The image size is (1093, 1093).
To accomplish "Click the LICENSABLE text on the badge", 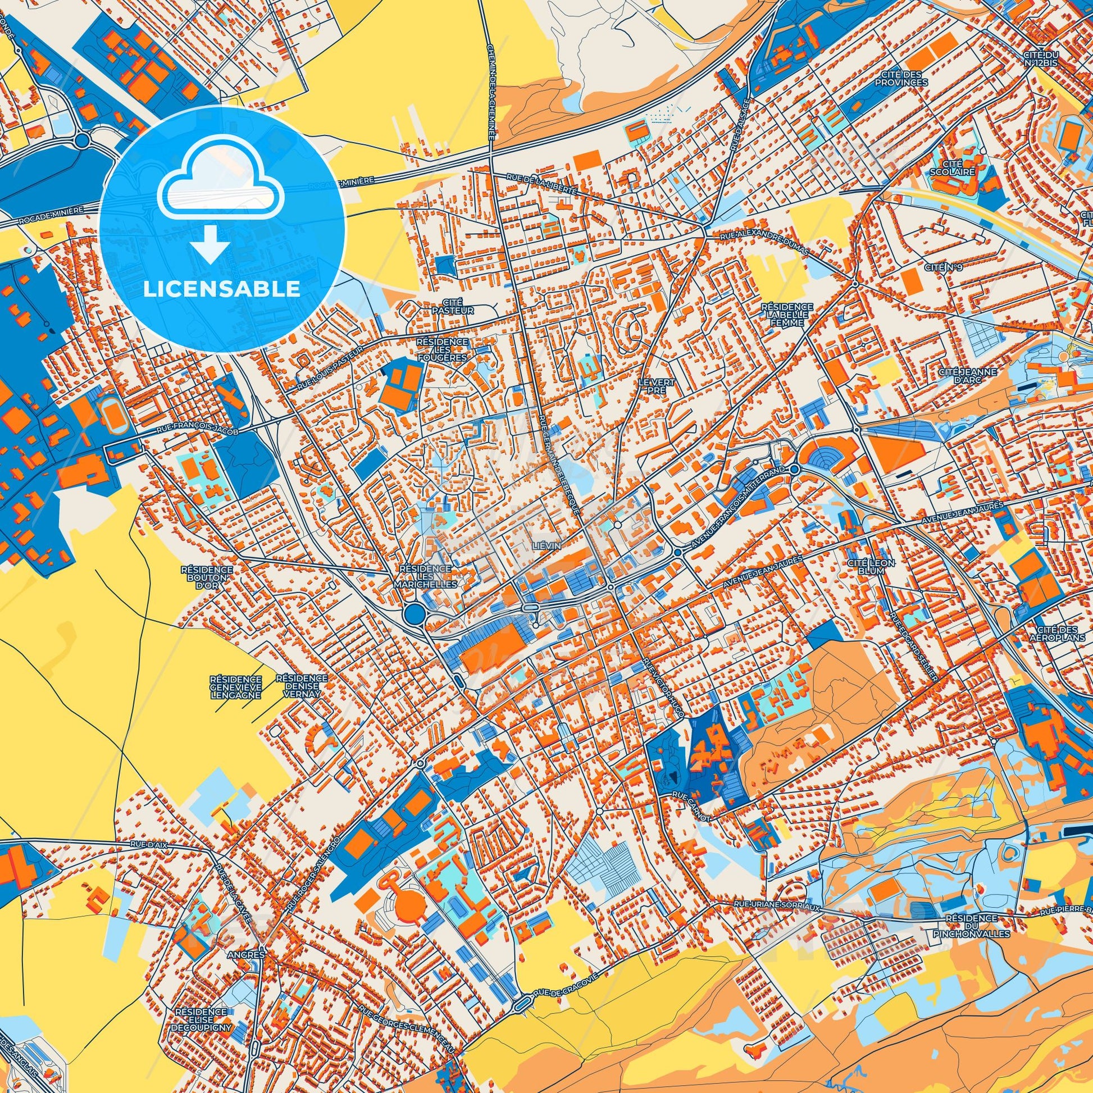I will pyautogui.click(x=222, y=289).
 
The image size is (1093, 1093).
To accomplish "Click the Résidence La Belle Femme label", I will pyautogui.click(x=787, y=314).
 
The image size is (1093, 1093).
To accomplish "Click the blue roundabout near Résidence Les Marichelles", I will pyautogui.click(x=414, y=612).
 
